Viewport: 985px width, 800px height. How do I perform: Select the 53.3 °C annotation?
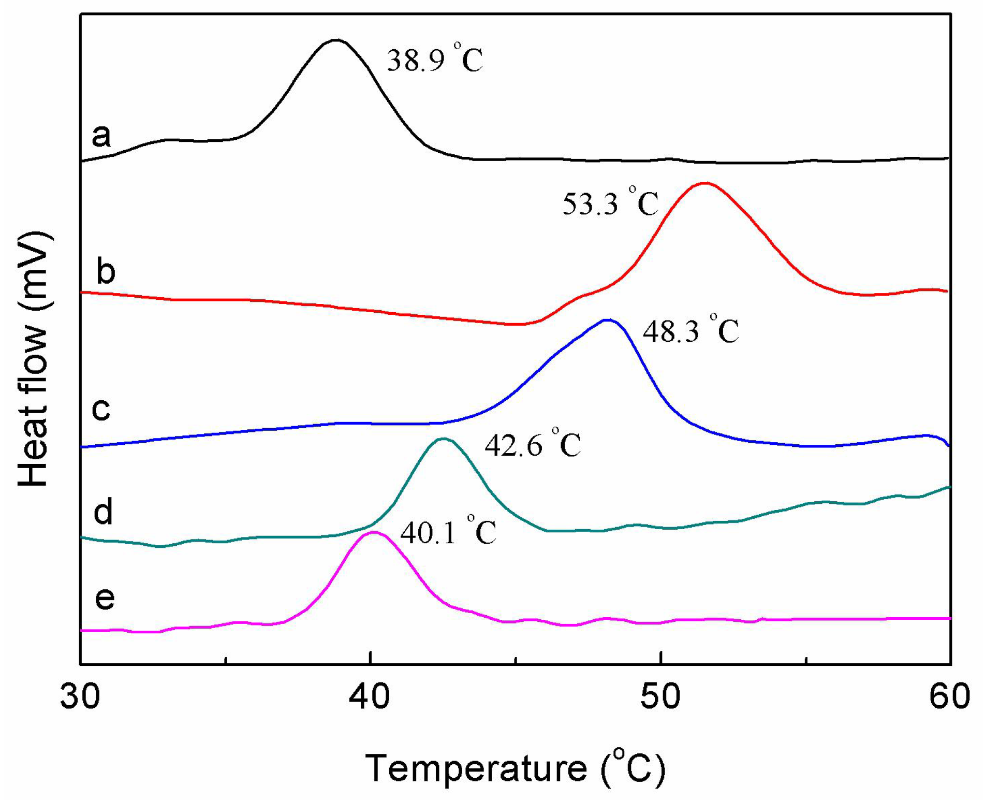click(x=610, y=202)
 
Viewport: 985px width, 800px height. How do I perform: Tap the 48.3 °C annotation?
click(x=690, y=330)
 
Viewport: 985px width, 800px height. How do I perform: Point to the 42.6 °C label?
click(x=532, y=444)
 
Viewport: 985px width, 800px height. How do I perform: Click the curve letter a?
click(x=101, y=136)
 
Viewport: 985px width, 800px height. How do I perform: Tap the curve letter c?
click(x=101, y=409)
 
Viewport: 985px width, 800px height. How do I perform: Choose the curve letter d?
click(x=103, y=512)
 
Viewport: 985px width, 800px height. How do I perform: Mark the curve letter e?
click(x=105, y=598)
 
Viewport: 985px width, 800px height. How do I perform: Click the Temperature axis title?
click(x=515, y=768)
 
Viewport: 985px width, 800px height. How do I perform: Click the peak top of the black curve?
click(x=336, y=40)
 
